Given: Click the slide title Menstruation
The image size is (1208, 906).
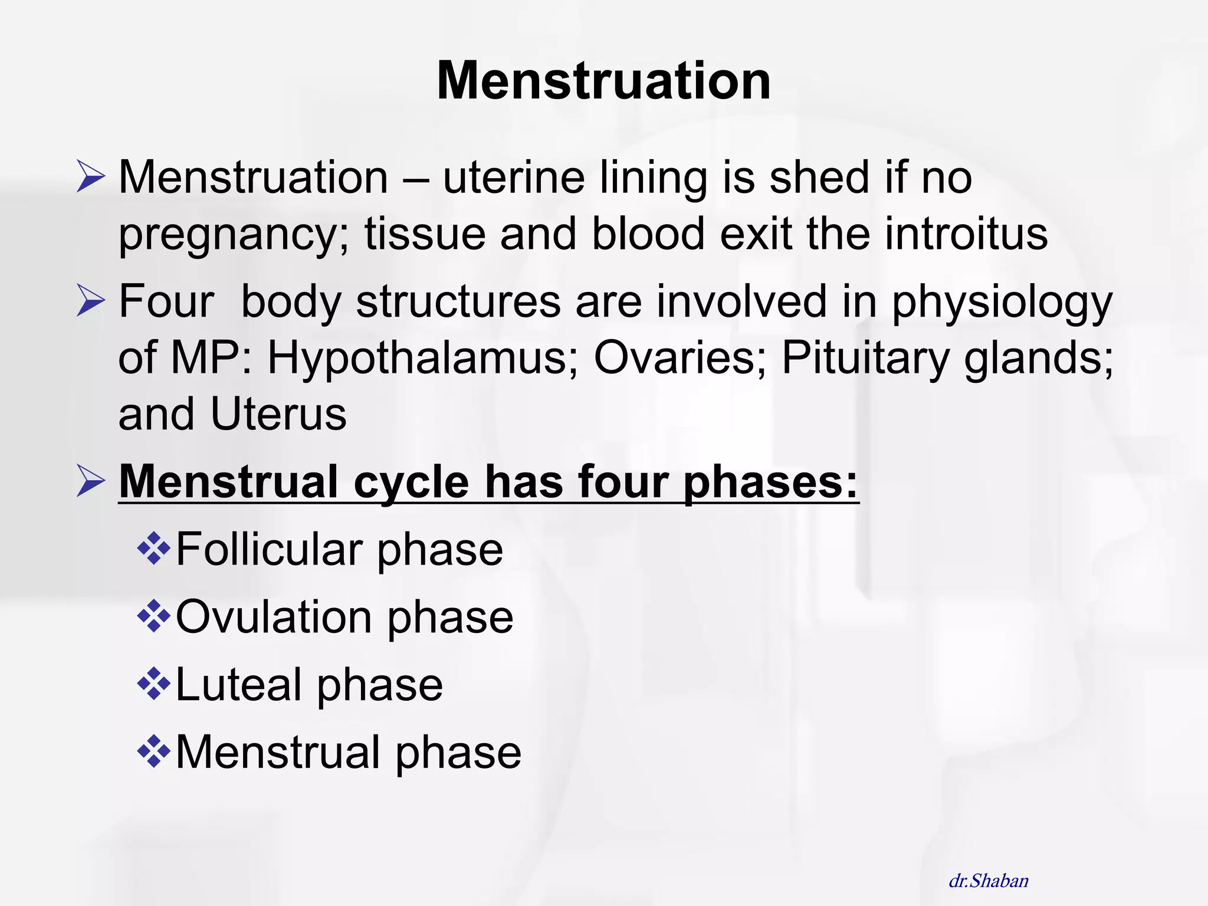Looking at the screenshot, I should pos(603,81).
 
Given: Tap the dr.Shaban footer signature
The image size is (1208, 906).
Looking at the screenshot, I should pos(989,881).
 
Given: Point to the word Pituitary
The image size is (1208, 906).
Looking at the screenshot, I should pos(865,358).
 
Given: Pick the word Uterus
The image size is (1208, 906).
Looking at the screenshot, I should pos(278,414).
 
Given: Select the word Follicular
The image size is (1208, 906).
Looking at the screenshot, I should pos(269,550).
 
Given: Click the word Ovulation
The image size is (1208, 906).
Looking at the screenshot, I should pos(274,618).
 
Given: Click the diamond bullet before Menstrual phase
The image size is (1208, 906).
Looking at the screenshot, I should pos(153,751).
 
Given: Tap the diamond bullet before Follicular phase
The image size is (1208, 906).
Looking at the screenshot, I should pos(153,549).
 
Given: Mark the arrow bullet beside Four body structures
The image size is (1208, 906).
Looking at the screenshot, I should pos(91,300).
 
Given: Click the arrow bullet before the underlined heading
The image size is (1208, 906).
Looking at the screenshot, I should pos(91,481).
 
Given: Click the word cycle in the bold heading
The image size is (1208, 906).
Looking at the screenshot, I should pos(411,482).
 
